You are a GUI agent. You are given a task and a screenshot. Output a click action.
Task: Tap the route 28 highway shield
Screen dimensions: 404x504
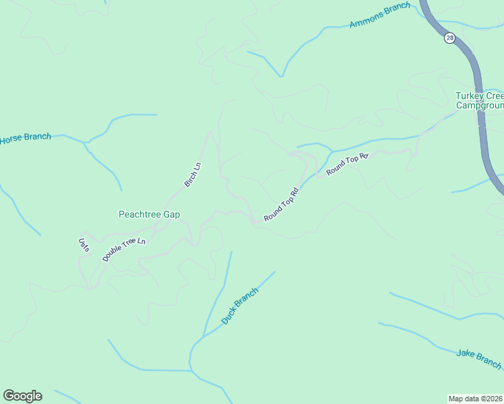click(449, 38)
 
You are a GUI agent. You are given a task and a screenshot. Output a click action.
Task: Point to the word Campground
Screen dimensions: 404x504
click(479, 105)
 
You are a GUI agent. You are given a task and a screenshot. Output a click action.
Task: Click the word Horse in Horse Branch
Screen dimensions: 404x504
click(11, 139)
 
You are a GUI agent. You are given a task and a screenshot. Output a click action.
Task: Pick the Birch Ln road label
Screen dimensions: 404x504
click(193, 174)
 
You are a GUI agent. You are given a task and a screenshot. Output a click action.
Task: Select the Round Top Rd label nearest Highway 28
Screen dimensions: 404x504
click(348, 165)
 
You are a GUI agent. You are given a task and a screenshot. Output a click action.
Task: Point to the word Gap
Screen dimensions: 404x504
click(172, 215)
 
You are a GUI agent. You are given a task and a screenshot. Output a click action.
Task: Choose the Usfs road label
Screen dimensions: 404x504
click(84, 244)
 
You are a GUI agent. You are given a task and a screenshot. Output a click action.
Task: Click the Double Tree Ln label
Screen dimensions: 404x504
click(124, 250)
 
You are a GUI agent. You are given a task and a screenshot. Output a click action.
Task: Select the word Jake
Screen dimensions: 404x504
click(466, 353)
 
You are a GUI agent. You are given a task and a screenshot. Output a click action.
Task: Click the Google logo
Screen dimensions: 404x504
click(22, 396)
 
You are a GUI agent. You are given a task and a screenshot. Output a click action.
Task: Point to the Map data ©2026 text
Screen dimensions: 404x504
click(476, 399)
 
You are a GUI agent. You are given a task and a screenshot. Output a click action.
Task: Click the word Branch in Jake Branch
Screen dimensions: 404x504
click(489, 362)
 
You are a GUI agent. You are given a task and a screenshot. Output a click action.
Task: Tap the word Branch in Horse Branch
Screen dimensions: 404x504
click(37, 137)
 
